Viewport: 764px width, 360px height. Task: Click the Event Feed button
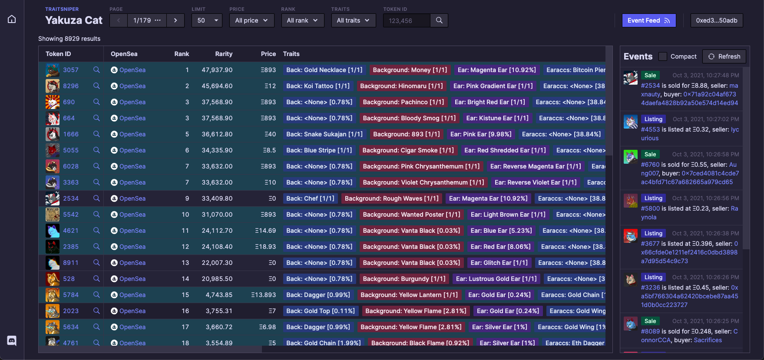tap(648, 20)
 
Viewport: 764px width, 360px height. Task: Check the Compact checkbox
tap(662, 56)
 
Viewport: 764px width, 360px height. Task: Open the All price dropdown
tap(251, 20)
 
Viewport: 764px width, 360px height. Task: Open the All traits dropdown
tap(353, 20)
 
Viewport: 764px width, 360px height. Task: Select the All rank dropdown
tap(302, 20)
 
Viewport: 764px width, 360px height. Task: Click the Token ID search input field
tap(407, 20)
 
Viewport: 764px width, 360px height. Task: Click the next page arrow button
tap(175, 20)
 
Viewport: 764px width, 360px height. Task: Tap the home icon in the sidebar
tap(12, 19)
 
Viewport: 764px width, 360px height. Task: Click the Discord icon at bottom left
tap(12, 340)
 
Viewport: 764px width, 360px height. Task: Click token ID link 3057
tap(71, 70)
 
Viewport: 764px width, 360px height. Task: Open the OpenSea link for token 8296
tap(132, 86)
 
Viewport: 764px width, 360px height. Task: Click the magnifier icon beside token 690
tap(96, 102)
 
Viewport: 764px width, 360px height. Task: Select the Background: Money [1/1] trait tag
tap(410, 70)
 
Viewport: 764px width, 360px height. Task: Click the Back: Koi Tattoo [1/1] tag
tap(318, 86)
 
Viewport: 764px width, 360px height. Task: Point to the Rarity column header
tap(224, 54)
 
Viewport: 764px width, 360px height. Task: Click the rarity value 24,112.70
tap(217, 231)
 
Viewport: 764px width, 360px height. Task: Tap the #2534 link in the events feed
tap(650, 86)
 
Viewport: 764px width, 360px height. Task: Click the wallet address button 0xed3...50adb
tap(716, 20)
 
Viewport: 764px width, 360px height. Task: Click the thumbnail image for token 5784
tap(53, 295)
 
